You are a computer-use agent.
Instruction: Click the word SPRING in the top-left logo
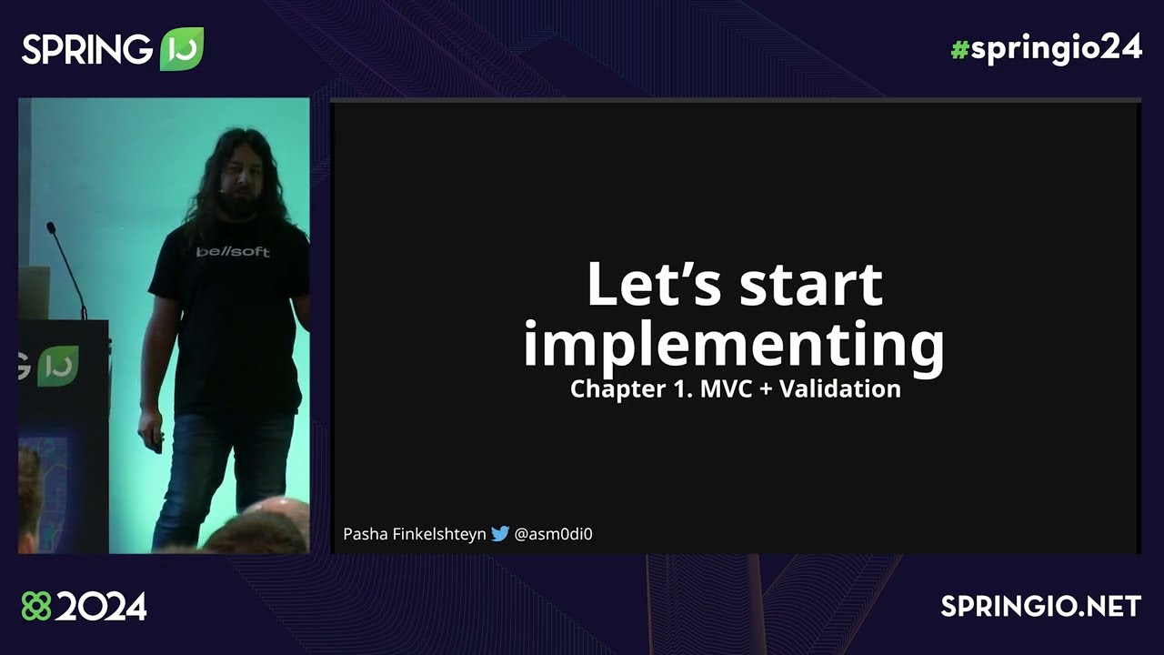(87, 49)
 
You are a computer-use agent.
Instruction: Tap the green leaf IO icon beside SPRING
(181, 49)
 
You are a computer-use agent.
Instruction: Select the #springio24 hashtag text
(1046, 49)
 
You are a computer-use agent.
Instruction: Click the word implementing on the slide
(734, 346)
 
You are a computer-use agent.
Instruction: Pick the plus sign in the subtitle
(762, 390)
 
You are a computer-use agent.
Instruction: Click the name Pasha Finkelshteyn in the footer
(414, 534)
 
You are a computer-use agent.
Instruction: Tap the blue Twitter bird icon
(500, 534)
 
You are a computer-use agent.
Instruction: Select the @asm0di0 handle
(553, 534)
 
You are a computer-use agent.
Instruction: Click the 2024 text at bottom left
(100, 607)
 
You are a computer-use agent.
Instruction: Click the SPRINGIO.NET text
(1041, 607)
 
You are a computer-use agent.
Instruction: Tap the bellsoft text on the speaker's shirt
(233, 252)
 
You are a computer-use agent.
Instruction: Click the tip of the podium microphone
(51, 227)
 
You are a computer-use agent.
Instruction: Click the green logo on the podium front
(57, 366)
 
